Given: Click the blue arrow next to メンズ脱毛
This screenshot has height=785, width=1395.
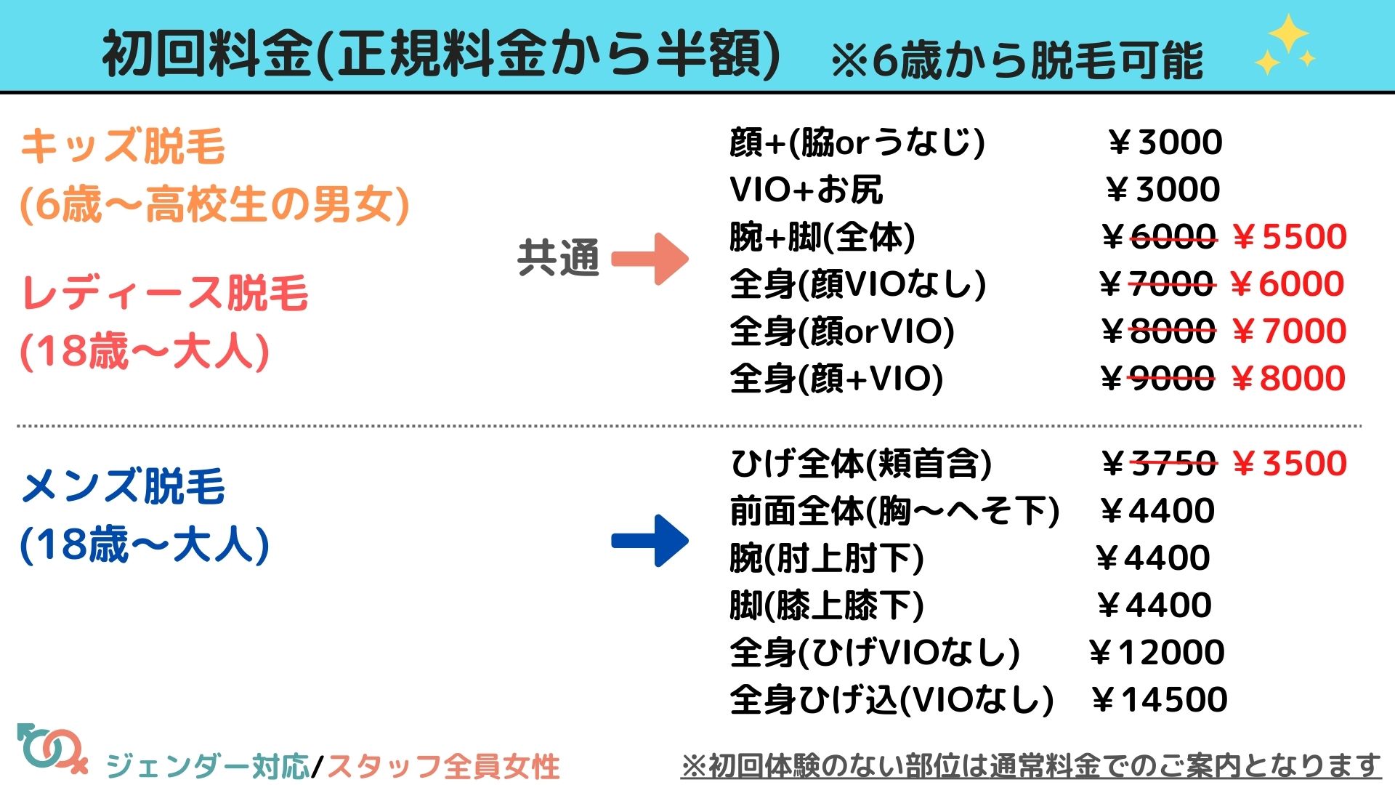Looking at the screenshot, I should [x=650, y=541].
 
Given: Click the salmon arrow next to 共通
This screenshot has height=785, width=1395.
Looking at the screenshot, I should [x=650, y=259].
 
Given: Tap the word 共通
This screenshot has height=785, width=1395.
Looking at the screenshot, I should [x=558, y=258].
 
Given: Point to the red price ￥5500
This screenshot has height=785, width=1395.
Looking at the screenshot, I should [x=1290, y=237].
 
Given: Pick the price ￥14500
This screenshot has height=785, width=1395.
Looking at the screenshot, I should [x=1160, y=700].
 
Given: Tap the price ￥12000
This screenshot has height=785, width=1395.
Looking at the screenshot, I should [x=1157, y=653].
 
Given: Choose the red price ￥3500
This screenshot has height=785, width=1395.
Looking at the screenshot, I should [x=1290, y=464].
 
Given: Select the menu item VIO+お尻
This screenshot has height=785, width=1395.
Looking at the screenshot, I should [x=806, y=190].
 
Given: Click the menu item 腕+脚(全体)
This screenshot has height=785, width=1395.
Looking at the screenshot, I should [x=822, y=238].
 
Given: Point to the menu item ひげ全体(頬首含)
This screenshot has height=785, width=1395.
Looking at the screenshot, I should [x=861, y=464].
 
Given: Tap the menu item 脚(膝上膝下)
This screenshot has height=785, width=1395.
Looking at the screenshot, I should [x=826, y=605].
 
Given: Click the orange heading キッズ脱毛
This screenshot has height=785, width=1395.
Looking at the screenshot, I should [x=123, y=146].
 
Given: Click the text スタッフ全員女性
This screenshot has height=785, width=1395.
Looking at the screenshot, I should [x=443, y=766].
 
